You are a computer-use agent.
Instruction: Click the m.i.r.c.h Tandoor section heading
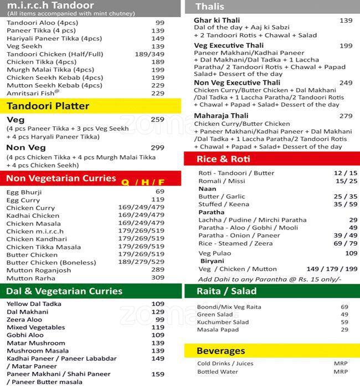pos(50,6)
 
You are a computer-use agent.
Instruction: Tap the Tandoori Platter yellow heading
pos(48,106)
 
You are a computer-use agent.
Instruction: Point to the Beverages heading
pos(220,351)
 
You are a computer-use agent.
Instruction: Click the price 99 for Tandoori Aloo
pos(160,23)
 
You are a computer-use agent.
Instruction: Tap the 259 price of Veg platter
pos(157,119)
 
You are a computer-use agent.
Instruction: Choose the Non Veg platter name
pos(23,147)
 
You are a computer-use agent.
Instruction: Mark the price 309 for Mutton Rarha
pos(158,278)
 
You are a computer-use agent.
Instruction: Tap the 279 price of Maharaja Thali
pos(346,116)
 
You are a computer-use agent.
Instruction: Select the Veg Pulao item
pos(215,253)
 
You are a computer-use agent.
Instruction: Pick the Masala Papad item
pos(217,330)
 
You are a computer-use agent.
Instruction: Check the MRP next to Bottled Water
pos(341,372)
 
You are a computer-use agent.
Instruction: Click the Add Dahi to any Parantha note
pos(270,279)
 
